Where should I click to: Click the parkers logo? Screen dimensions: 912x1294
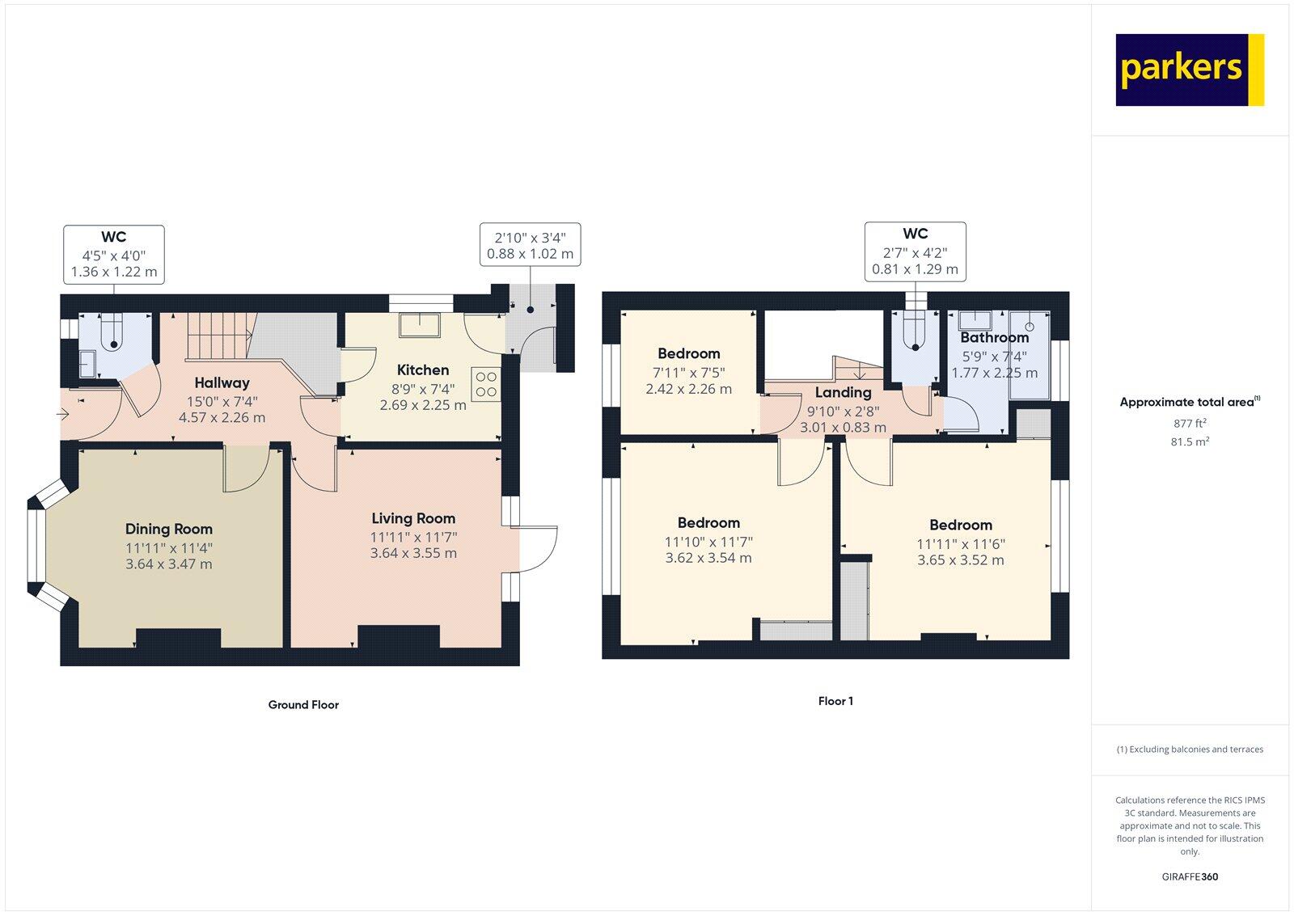coord(1189,70)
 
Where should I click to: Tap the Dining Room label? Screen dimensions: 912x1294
coord(168,530)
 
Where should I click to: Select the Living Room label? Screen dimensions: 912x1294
coord(413,519)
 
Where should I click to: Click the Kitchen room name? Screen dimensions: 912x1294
coord(423,370)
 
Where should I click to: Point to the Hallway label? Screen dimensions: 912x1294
coord(222,383)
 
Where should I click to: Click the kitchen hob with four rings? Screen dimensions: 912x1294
coord(486,384)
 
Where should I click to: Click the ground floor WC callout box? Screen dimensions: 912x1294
coord(114,255)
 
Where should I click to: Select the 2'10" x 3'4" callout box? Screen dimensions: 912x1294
coord(530,245)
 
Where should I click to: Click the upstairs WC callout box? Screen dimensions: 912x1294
coord(915,251)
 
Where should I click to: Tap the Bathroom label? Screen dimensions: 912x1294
coord(994,338)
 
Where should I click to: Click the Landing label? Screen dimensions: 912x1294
coord(843,393)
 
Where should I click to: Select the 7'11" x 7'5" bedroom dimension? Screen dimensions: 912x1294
coord(689,373)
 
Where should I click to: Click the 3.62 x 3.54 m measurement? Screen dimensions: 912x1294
coord(708,558)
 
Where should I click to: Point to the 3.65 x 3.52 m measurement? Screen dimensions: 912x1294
coord(960,560)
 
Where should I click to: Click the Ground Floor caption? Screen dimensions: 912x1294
coord(303,705)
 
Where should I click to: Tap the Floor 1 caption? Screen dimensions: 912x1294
coord(835,702)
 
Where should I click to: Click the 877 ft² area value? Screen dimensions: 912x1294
coord(1190,423)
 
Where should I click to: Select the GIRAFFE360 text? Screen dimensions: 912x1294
coord(1190,876)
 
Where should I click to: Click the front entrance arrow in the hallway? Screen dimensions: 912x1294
coord(64,415)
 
